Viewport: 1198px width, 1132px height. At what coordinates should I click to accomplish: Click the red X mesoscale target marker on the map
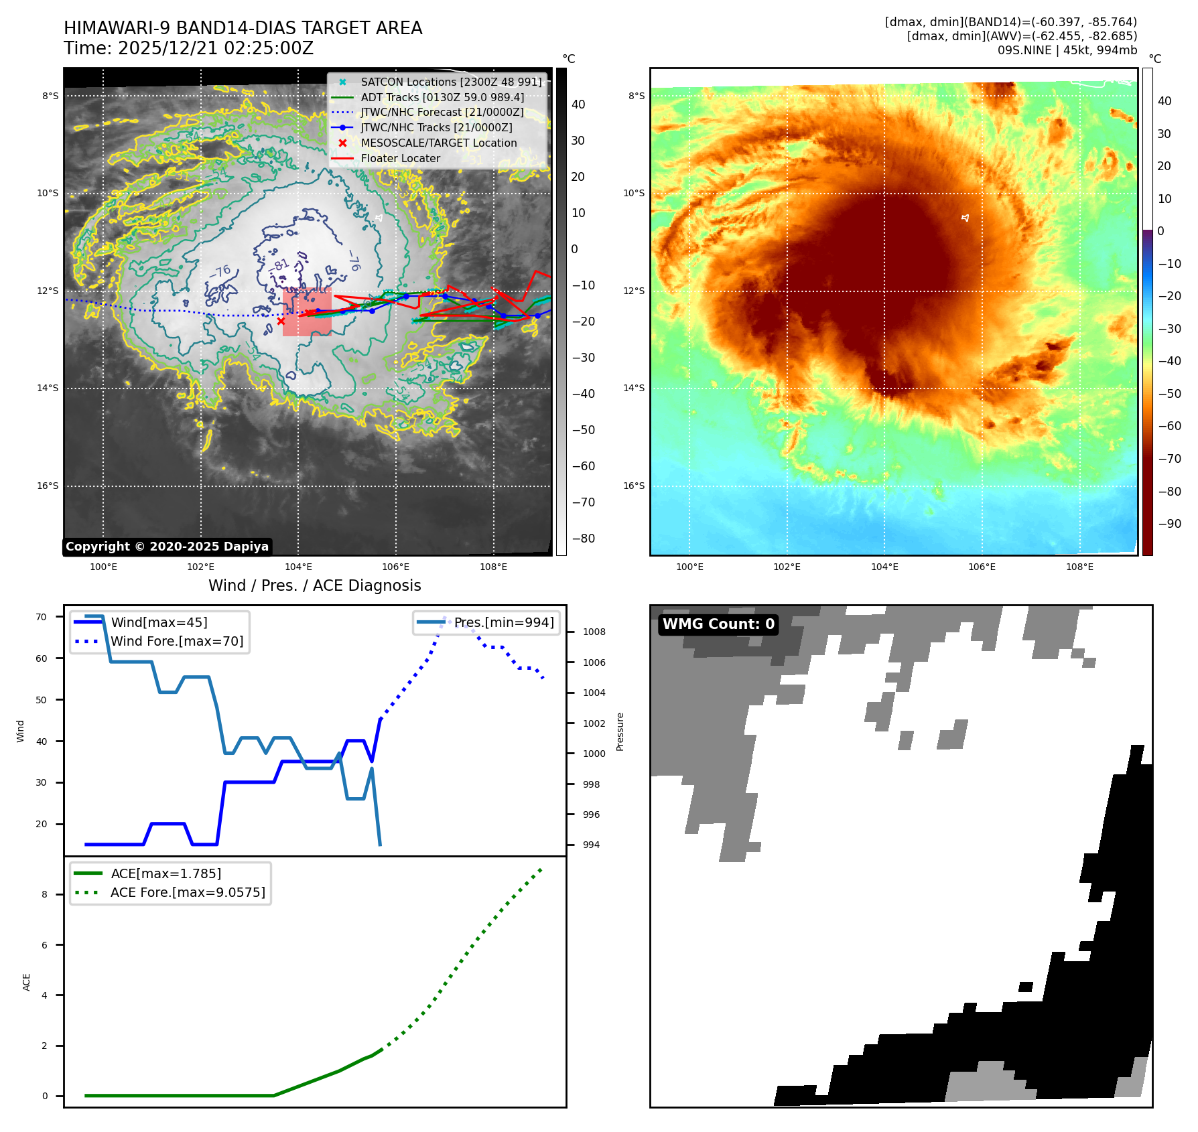[x=281, y=322]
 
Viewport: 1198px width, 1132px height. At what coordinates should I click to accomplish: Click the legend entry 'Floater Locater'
[x=400, y=159]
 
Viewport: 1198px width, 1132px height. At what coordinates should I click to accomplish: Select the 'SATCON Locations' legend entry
[x=451, y=82]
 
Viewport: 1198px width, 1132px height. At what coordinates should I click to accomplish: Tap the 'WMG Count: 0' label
[x=718, y=624]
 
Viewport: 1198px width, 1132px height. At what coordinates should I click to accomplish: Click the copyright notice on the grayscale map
[x=167, y=547]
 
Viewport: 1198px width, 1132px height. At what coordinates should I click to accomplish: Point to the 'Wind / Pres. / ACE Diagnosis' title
[x=314, y=585]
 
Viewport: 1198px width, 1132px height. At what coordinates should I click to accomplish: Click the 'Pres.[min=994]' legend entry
[x=503, y=622]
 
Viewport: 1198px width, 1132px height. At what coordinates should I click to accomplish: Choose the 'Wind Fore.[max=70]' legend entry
[x=177, y=641]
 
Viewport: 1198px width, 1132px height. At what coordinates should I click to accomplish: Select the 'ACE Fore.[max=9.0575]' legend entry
[x=188, y=892]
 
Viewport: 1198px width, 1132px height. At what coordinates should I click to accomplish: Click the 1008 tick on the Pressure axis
[x=594, y=632]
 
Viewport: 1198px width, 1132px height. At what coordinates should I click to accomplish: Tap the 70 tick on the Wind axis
[x=42, y=617]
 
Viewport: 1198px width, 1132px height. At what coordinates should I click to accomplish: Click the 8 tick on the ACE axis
[x=45, y=894]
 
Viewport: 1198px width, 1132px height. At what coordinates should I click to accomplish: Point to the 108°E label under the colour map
[x=1079, y=567]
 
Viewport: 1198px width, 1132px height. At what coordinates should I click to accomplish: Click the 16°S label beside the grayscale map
[x=48, y=486]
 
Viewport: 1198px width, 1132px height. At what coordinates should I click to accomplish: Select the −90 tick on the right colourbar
[x=1170, y=524]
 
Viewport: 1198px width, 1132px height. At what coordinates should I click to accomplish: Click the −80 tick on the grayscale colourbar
[x=583, y=539]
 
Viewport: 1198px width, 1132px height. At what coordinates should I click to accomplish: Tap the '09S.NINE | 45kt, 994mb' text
[x=1067, y=50]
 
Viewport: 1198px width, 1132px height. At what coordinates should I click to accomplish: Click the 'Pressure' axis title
[x=620, y=731]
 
